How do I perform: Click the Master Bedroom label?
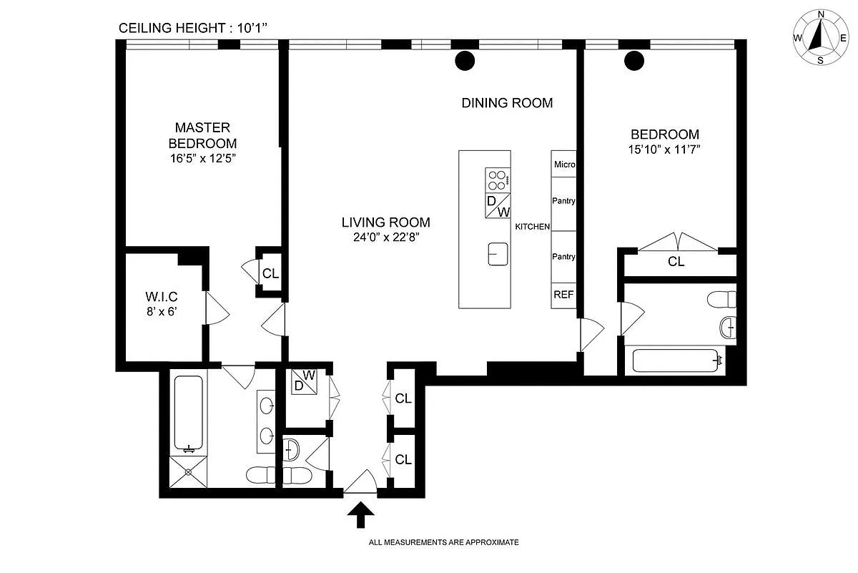pos(202,135)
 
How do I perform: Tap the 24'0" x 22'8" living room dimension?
pos(386,237)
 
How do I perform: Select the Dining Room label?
pos(507,103)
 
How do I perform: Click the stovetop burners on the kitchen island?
pos(498,180)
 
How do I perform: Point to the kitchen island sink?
pos(498,254)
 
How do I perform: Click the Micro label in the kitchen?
pos(565,165)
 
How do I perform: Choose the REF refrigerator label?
pos(564,294)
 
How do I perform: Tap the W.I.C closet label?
pos(162,297)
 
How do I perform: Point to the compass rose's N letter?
pos(821,14)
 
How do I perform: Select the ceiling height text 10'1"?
pos(252,28)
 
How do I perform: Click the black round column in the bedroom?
pos(634,61)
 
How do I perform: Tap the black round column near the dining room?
pos(465,60)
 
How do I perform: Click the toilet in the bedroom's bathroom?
pos(721,299)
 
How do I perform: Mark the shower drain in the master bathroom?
pos(188,473)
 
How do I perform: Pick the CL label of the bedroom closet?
pos(676,261)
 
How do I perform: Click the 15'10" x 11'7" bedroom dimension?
pos(664,149)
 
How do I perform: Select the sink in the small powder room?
pos(292,449)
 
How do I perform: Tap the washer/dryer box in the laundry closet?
pos(305,381)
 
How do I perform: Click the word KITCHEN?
pos(533,227)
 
